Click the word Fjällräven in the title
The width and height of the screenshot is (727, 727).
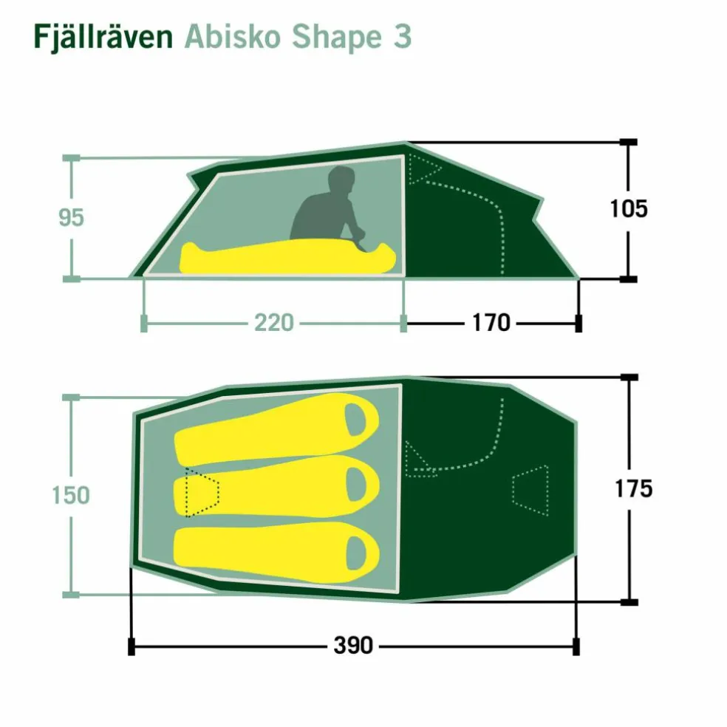pos(103,36)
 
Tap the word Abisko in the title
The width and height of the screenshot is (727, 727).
pos(233,36)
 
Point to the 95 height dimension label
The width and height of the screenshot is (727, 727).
pos(72,217)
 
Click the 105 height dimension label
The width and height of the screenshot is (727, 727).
pos(629,208)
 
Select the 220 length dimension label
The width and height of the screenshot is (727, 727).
pos(274,323)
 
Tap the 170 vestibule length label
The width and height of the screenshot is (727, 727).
pos(491,323)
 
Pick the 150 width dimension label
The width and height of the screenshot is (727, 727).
pos(71,495)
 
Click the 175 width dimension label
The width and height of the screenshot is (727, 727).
pos(633,488)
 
